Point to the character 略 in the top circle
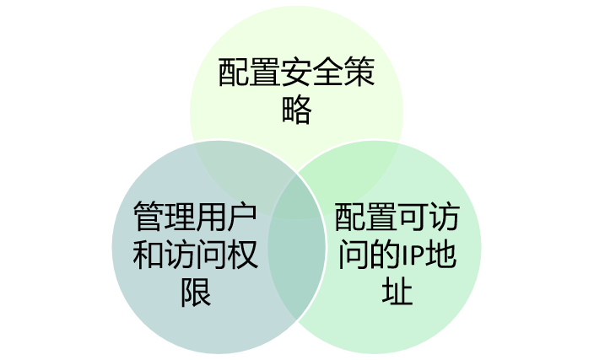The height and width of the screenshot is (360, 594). point(297,110)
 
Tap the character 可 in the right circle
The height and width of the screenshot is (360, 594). point(413,218)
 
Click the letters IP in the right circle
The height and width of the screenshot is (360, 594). point(414,255)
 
